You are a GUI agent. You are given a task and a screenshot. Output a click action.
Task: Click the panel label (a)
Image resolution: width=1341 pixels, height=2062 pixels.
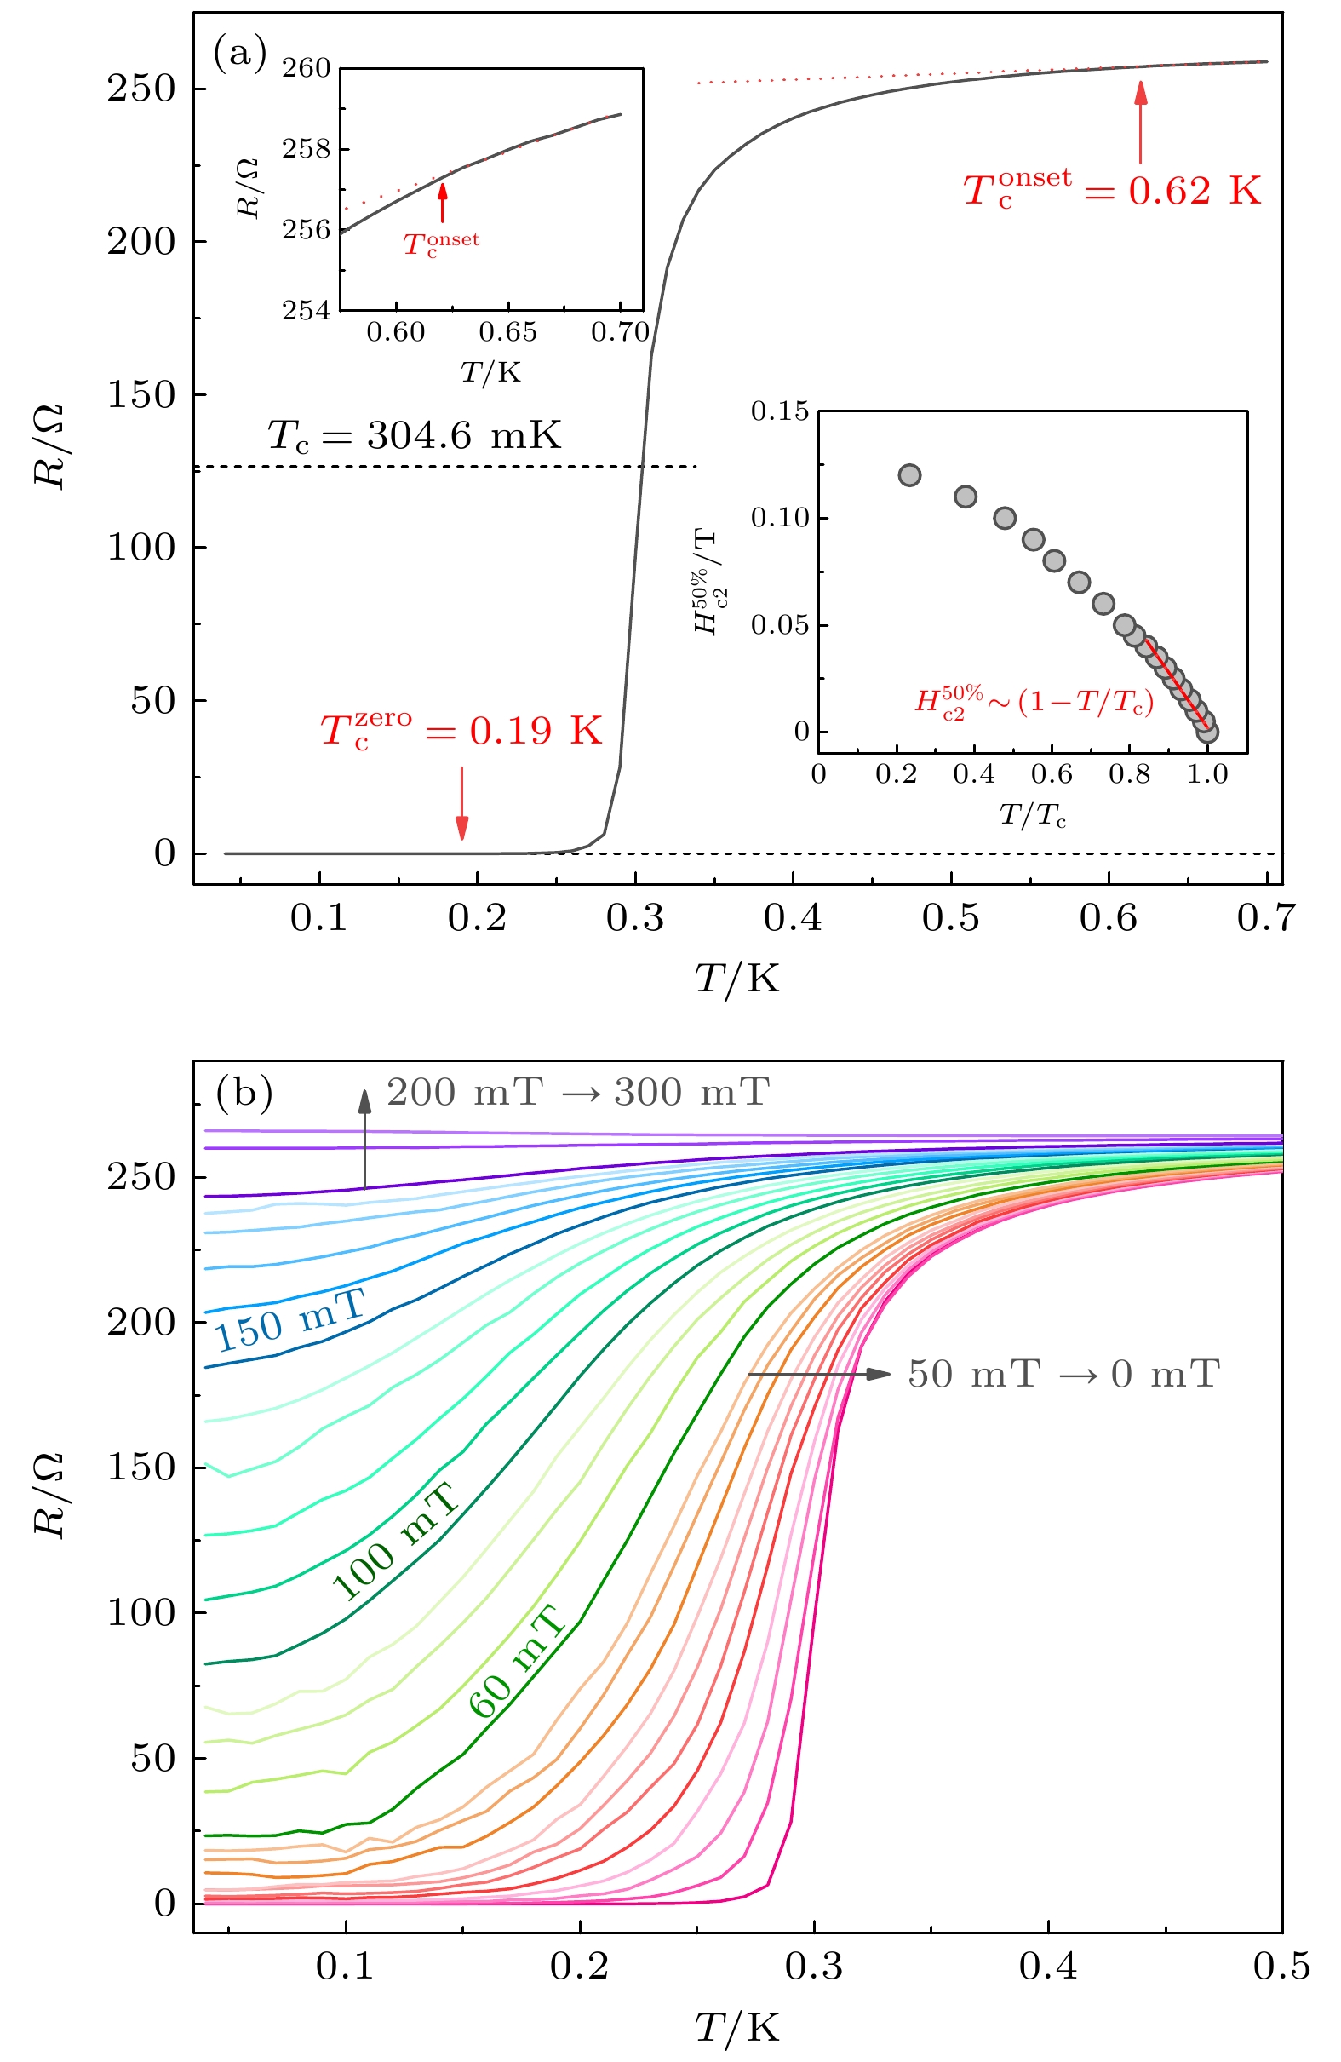[240, 54]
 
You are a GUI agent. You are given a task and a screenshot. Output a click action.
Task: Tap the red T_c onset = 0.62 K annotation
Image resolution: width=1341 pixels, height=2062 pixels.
[1112, 189]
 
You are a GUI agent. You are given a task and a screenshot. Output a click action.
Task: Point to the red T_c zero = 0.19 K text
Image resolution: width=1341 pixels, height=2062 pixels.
[461, 731]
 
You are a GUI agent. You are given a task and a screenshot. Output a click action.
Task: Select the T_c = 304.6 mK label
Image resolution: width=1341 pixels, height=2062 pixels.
[414, 435]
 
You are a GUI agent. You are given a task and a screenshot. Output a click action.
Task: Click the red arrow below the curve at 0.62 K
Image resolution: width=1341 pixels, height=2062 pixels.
[1141, 121]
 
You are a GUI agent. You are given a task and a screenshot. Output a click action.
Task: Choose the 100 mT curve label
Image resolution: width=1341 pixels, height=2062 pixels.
[395, 1543]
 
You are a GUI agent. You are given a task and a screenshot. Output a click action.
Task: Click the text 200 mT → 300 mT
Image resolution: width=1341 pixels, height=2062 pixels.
[578, 1093]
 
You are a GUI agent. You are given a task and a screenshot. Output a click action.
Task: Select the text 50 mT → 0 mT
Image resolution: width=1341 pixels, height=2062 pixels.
[1063, 1374]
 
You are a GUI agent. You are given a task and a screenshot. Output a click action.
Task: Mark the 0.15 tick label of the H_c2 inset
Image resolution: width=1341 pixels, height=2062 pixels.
[779, 411]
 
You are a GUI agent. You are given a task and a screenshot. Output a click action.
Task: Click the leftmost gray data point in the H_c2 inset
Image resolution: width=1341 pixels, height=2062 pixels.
[909, 474]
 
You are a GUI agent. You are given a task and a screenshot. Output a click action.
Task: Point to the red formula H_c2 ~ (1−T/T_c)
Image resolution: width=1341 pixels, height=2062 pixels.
[1034, 700]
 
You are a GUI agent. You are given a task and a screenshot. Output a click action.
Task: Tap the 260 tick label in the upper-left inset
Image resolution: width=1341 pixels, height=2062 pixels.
[306, 67]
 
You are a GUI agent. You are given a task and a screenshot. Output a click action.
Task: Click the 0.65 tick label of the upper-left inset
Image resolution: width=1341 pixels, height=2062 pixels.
[507, 333]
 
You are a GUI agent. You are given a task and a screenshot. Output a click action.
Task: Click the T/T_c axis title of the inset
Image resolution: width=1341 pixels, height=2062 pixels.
[1033, 815]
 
